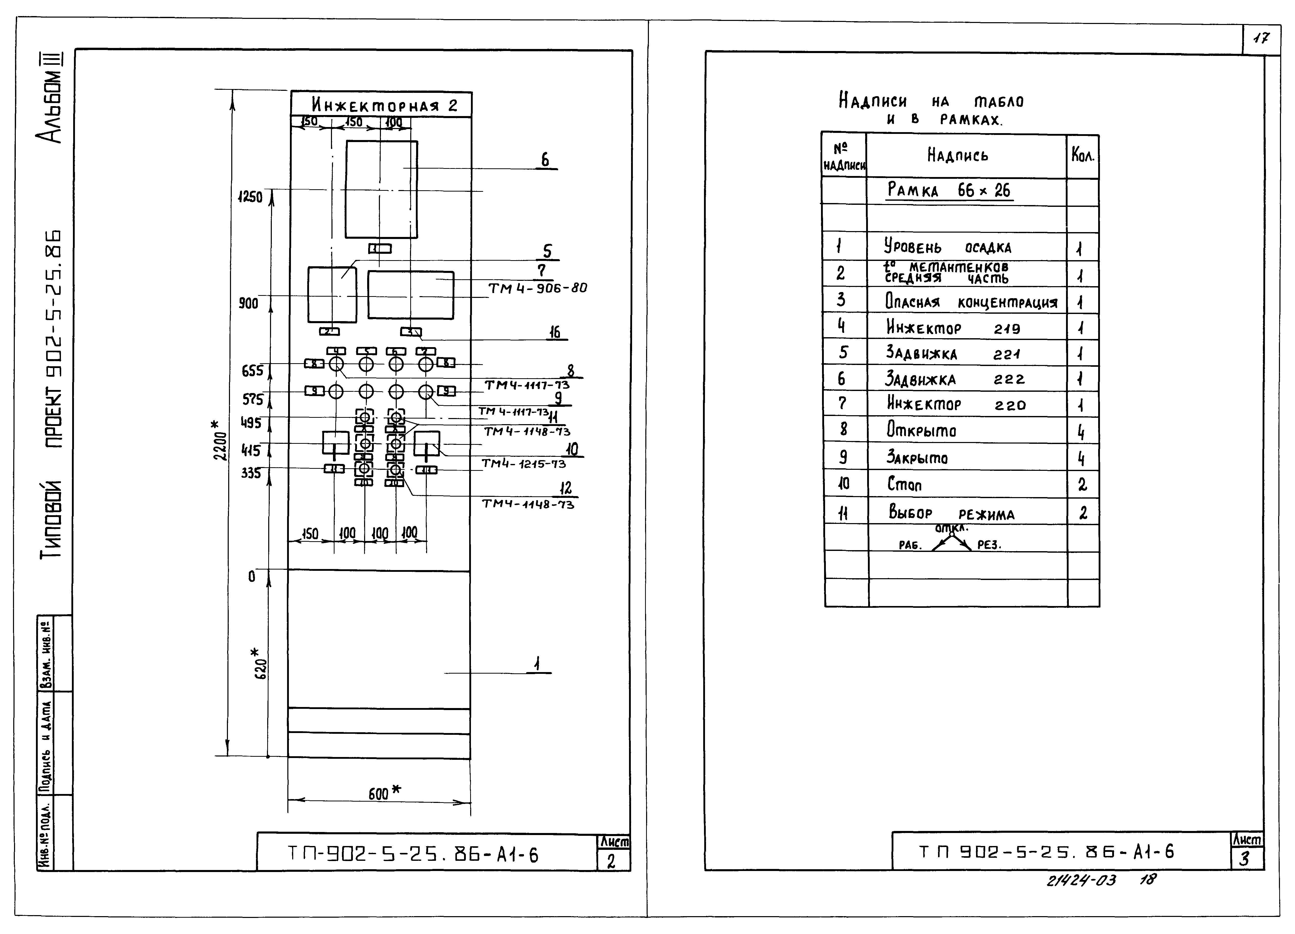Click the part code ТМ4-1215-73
pos(524,464)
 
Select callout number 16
pos(554,333)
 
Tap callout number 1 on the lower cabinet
pos(537,664)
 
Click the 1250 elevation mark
pos(250,197)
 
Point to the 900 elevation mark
pos(248,303)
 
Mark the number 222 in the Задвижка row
pos(1009,379)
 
